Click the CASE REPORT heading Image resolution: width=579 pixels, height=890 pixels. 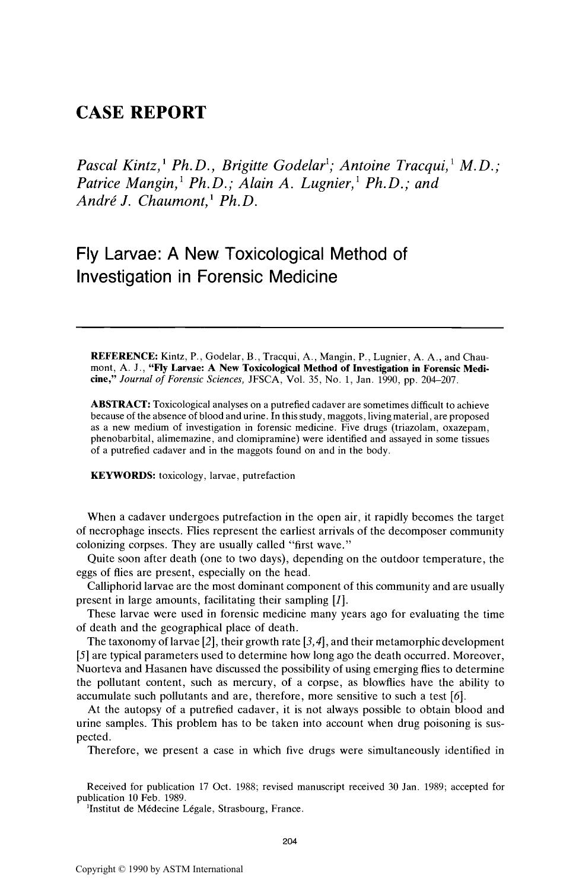(141, 112)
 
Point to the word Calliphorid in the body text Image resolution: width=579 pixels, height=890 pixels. (113, 586)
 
